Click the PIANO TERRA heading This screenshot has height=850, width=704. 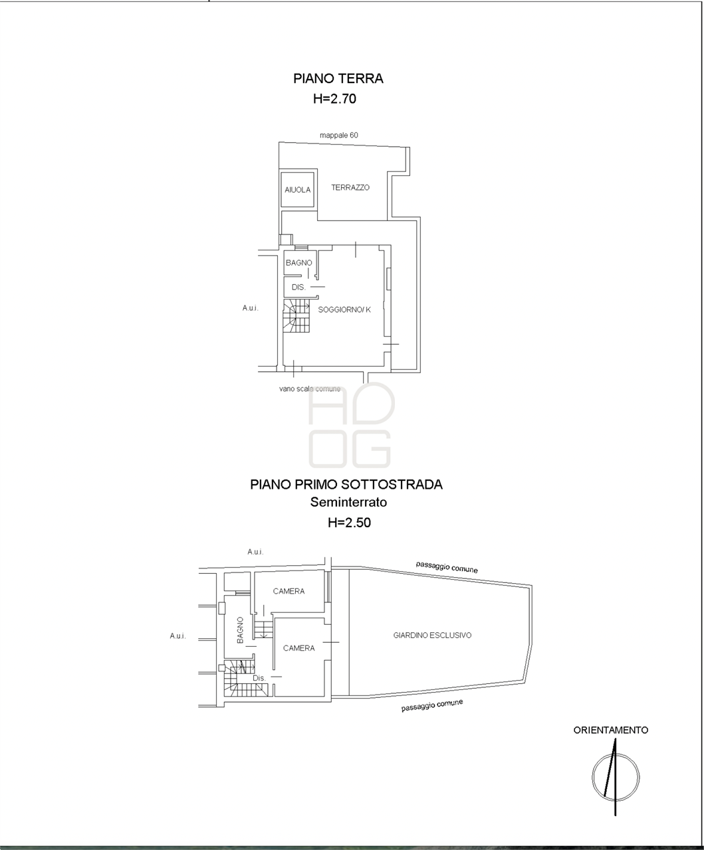[x=338, y=78]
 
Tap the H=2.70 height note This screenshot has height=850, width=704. [x=334, y=99]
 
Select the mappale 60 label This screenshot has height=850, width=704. [x=339, y=135]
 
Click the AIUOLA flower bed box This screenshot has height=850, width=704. [x=298, y=190]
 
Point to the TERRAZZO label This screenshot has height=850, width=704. [x=350, y=188]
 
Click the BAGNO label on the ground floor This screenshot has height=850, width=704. [x=298, y=263]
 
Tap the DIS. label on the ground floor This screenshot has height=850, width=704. [x=298, y=288]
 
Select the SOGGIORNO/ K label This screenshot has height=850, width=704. [x=344, y=310]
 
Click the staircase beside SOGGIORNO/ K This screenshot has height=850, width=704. [x=296, y=316]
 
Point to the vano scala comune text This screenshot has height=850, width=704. [x=310, y=388]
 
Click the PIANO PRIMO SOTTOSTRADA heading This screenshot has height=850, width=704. [x=346, y=485]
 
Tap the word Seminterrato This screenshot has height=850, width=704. [x=348, y=502]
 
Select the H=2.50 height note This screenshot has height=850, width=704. [x=350, y=523]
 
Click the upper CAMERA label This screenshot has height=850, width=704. [x=289, y=591]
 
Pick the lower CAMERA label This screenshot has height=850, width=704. [x=298, y=648]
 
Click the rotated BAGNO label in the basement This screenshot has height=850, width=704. [x=240, y=631]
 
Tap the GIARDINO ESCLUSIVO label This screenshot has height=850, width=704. [x=432, y=635]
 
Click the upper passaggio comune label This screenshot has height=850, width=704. [x=446, y=566]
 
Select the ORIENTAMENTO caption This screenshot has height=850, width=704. [x=611, y=730]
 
